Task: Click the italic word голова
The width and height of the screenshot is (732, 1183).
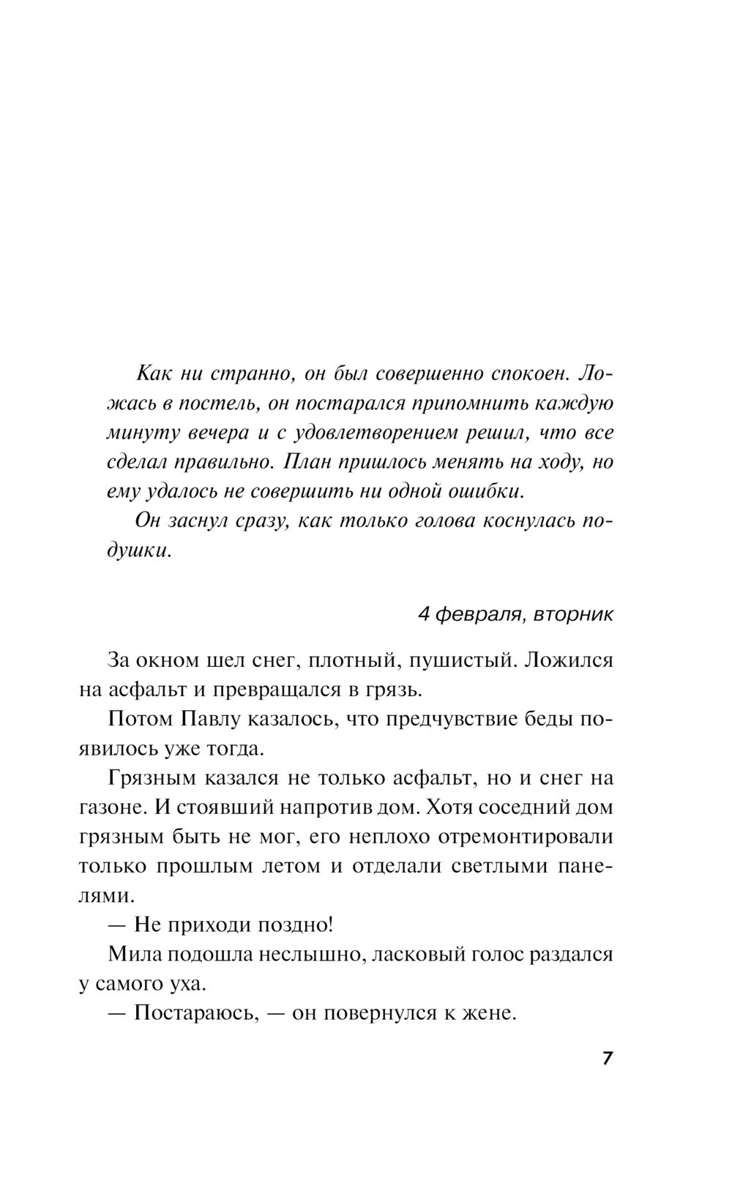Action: pos(443,520)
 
